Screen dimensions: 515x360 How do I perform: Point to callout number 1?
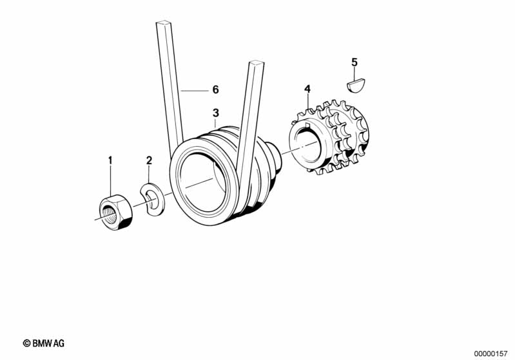pos(110,160)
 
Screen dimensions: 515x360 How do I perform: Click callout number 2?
pos(149,160)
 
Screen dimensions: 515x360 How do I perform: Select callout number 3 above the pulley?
pos(215,113)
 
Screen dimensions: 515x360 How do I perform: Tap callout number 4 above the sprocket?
pos(307,89)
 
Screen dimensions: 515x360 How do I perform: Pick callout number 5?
pos(354,62)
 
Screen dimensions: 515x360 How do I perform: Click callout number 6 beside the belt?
pos(215,90)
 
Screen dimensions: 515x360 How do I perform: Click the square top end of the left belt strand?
pos(164,23)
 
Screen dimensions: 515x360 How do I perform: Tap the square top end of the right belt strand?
pos(257,62)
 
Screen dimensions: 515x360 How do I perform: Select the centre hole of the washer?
pos(151,200)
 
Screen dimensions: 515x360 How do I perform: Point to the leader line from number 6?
pos(195,90)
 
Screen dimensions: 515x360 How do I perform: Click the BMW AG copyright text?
pos(44,343)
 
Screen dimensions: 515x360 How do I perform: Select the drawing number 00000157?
pos(491,354)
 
